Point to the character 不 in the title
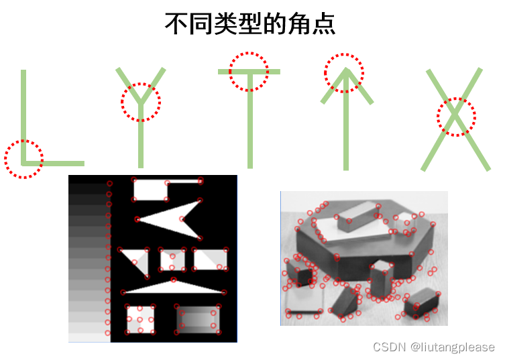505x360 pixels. [176, 24]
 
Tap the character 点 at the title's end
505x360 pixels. [323, 24]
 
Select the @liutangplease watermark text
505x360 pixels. [453, 347]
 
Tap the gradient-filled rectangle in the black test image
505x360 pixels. [198, 319]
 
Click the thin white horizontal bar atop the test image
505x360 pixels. [184, 182]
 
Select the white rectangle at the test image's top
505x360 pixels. [150, 190]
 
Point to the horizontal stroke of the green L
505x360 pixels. [53, 164]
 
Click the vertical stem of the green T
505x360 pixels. [250, 121]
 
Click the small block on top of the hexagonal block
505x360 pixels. [358, 217]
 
